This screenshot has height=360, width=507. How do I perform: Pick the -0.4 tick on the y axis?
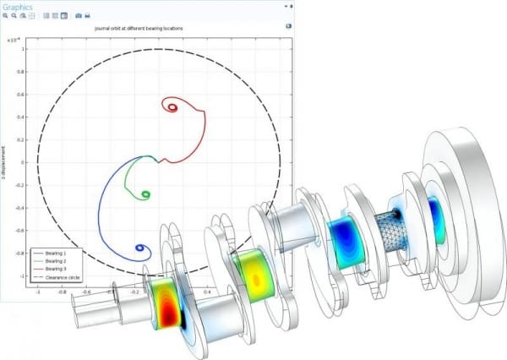(25, 207)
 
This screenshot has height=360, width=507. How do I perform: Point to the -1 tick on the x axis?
(38, 291)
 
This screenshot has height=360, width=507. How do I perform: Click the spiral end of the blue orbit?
(139, 249)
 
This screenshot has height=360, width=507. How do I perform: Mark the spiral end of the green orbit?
(145, 195)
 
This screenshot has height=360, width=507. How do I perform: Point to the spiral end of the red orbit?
(173, 107)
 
